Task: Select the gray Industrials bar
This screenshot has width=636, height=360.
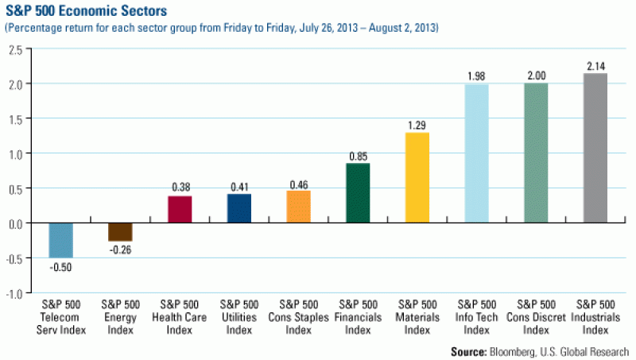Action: [x=595, y=148]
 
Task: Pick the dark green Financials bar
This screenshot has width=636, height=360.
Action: [x=358, y=193]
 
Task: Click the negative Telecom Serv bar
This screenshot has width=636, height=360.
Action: [x=60, y=240]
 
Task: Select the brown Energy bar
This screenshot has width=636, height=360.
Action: [x=120, y=231]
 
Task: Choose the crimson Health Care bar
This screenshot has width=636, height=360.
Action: [x=180, y=209]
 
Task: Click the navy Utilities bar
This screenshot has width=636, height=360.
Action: [x=238, y=208]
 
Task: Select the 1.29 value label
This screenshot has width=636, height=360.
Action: [x=417, y=126]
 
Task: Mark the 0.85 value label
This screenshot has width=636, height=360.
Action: [x=358, y=157]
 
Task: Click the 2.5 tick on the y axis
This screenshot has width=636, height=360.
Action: [x=14, y=48]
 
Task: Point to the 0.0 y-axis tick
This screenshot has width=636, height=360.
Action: [x=14, y=223]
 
